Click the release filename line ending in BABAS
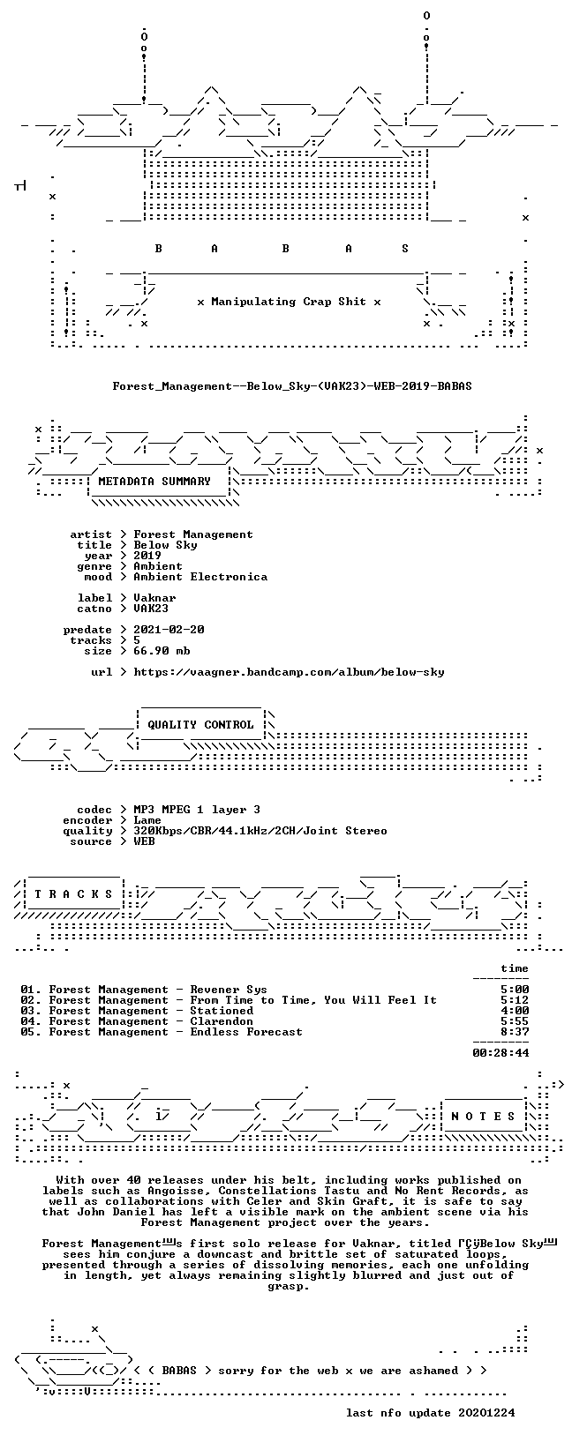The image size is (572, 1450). (x=292, y=386)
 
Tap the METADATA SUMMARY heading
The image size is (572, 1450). (x=154, y=482)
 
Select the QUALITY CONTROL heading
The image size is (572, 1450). (x=200, y=725)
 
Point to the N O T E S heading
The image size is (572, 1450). (x=483, y=1116)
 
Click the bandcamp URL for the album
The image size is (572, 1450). (x=289, y=672)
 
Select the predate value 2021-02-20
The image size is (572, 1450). (x=169, y=629)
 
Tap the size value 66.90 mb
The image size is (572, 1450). (x=162, y=651)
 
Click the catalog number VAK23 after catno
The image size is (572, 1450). (x=151, y=609)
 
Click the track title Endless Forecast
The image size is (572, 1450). (x=246, y=1032)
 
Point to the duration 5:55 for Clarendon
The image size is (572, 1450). (x=515, y=1021)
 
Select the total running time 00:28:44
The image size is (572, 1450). (x=500, y=1053)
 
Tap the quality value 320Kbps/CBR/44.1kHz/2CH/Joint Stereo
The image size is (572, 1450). (x=260, y=831)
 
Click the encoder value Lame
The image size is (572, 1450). (x=147, y=820)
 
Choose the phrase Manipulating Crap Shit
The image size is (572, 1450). (x=289, y=302)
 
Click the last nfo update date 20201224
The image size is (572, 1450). (x=486, y=1412)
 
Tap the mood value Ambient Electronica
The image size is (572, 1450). (x=200, y=577)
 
